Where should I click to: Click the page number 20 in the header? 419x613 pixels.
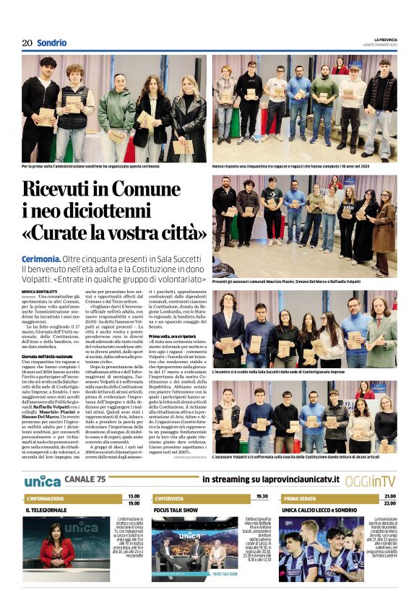[x=27, y=43]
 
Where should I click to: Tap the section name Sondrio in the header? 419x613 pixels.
[x=51, y=43]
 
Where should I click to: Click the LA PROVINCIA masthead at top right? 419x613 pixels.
[x=384, y=40]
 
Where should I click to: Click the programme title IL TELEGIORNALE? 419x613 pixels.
[x=48, y=510]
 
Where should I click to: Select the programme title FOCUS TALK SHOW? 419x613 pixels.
[x=176, y=510]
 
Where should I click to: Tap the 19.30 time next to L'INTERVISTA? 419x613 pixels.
[x=262, y=497]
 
